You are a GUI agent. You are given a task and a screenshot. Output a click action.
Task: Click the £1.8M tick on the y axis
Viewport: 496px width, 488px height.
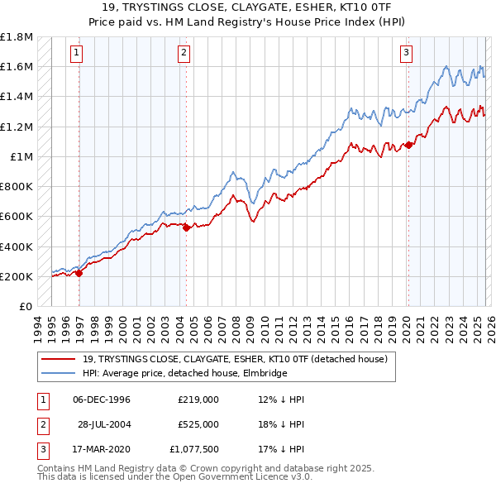point(17,37)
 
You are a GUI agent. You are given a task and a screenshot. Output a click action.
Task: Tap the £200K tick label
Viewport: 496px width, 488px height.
point(17,276)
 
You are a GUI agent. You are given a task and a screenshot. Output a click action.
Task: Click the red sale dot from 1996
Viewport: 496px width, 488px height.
point(79,274)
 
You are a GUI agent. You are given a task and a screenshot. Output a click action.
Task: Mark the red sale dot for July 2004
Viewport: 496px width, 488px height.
point(187,227)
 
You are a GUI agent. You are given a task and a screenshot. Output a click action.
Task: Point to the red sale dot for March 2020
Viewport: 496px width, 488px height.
point(408,145)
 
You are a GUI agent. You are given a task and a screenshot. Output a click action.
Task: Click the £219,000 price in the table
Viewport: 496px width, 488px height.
point(198,399)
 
